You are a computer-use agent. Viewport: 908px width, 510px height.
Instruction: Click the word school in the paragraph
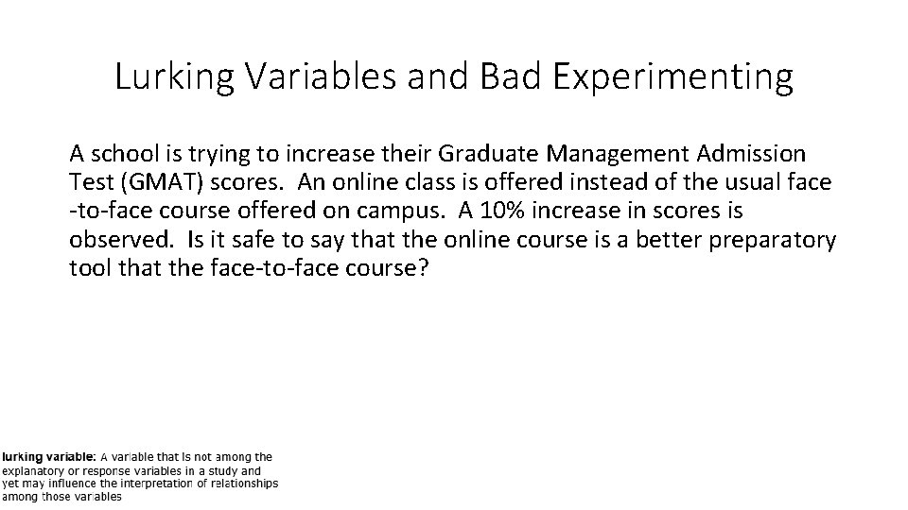[x=118, y=152]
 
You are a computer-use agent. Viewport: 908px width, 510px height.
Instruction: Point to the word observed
[x=119, y=239]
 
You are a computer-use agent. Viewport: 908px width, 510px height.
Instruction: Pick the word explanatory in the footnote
[x=37, y=470]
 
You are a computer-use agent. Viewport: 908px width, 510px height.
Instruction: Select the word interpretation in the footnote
[x=153, y=484]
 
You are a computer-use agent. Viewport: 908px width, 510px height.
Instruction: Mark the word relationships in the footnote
[x=244, y=484]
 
